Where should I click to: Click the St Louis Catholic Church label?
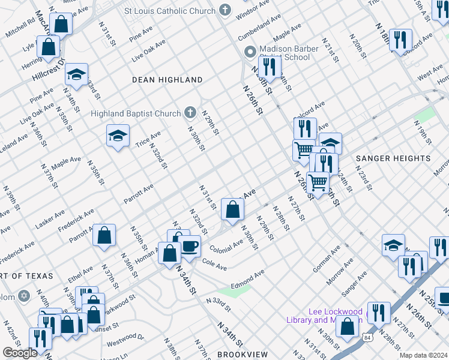tap(169, 11)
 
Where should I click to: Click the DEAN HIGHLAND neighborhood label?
tap(167, 80)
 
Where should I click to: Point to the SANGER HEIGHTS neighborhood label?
tap(393, 159)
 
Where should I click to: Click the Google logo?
tap(19, 353)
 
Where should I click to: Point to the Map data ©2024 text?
tap(423, 355)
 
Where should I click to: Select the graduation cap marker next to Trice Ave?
tap(118, 136)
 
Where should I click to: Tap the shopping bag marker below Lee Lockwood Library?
tap(347, 327)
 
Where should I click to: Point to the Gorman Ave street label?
tap(326, 259)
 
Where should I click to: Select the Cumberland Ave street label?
tap(259, 29)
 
